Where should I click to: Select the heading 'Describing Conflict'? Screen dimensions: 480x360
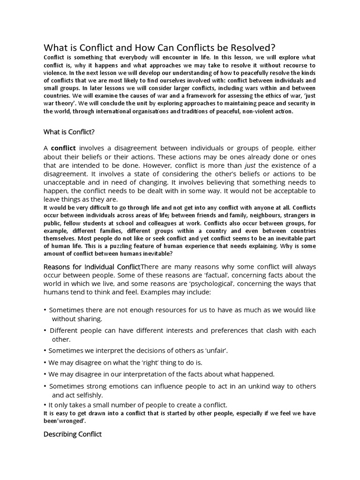click(72, 434)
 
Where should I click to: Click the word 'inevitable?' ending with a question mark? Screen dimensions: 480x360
click(155, 254)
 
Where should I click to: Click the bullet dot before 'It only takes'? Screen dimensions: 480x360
click(45, 405)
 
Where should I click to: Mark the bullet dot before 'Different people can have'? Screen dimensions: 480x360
click(45, 330)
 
